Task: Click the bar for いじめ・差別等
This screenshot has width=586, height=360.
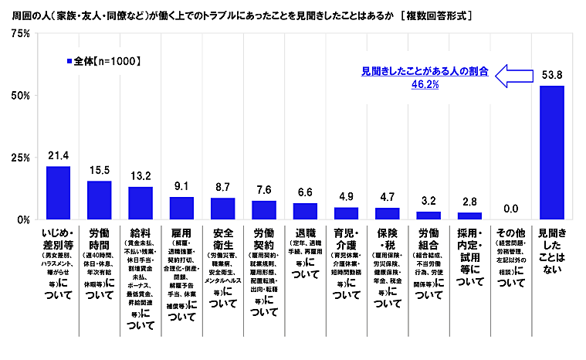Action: [x=58, y=193]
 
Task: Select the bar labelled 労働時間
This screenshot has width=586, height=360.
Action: [x=99, y=200]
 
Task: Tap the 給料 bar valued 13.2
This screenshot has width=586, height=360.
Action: [x=140, y=203]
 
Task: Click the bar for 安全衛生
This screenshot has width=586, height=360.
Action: [x=222, y=209]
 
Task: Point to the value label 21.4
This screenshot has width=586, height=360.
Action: [x=58, y=155]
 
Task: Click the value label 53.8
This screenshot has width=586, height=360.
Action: [x=551, y=75]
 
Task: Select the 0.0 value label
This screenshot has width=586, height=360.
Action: [x=510, y=209]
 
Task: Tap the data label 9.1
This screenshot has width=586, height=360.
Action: [x=181, y=186]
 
